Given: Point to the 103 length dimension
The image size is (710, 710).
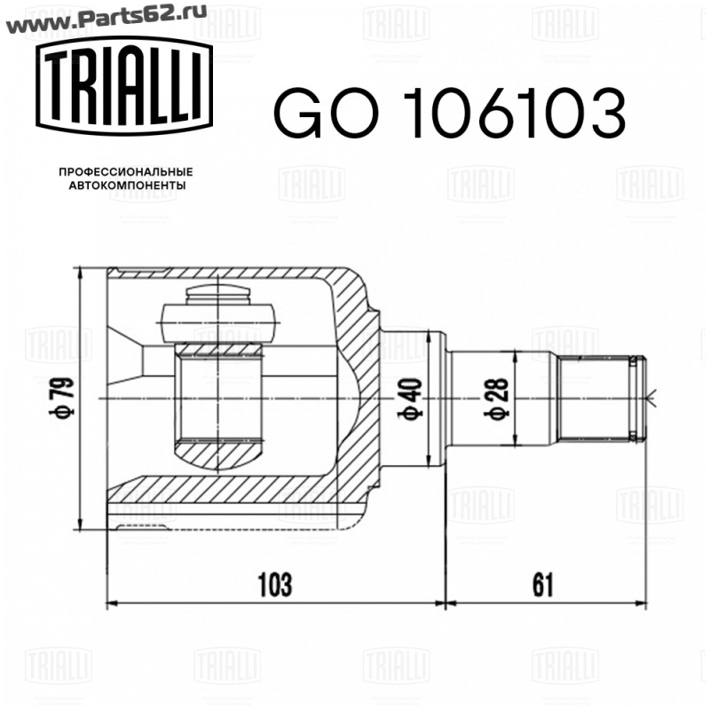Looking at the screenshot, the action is (275, 585).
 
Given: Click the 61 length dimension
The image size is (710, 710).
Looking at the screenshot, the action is (542, 585).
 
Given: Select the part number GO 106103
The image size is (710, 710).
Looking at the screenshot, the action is (449, 114).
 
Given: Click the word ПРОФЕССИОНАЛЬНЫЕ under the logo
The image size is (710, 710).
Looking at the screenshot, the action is (126, 172).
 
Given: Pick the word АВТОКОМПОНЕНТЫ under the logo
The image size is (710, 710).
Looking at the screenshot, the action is (127, 185).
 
